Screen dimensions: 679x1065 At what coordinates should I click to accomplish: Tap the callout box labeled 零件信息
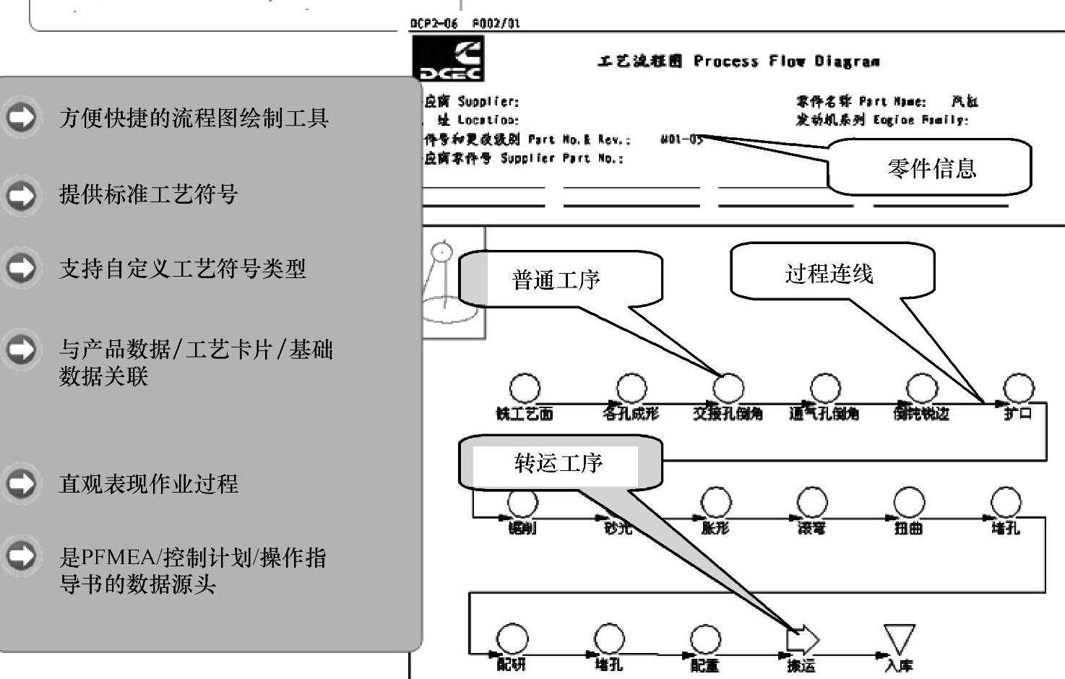tap(931, 168)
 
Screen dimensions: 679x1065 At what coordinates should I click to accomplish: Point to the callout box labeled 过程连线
tap(831, 272)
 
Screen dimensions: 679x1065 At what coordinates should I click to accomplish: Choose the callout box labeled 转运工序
tap(559, 462)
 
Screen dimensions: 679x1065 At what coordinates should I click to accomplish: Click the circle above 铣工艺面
tap(525, 389)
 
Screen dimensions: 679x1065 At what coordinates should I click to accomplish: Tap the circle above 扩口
tap(1019, 389)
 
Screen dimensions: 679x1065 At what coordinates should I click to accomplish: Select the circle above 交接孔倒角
tap(728, 389)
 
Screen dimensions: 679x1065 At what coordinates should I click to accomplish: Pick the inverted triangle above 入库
tap(899, 639)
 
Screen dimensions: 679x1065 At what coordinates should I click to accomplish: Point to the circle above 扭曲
tap(908, 502)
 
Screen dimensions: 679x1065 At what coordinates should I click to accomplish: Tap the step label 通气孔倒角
tap(824, 414)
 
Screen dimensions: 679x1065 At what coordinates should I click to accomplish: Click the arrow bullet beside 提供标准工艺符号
tap(22, 194)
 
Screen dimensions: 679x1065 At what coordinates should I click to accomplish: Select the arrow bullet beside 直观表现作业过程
tap(22, 483)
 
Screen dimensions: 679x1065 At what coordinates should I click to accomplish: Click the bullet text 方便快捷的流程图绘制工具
tap(194, 117)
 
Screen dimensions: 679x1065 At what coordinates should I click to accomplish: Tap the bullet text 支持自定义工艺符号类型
tap(182, 269)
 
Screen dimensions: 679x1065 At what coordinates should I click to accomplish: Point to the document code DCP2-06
tap(434, 23)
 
